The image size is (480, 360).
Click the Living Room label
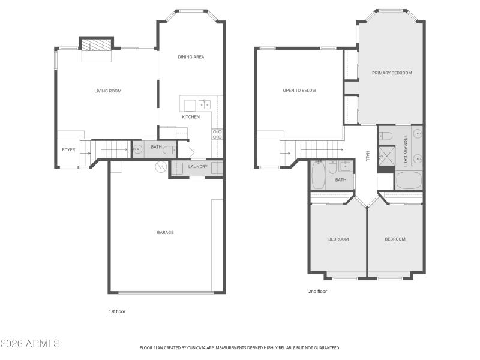pos(108,91)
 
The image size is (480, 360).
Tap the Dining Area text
pos(191,57)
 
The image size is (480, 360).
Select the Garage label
pos(165,232)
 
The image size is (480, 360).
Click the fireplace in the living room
pos(96,46)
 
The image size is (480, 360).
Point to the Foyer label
pos(68,149)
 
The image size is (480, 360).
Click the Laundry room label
pos(197,166)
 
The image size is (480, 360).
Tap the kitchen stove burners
pos(217,134)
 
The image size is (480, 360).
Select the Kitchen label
pos(191,117)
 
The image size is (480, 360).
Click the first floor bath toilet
pos(169,149)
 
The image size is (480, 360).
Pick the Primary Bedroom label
pos(392,73)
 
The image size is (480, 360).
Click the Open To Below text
pos(299,91)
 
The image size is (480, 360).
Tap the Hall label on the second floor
pos(367,156)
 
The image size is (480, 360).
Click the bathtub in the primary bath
pos(409,180)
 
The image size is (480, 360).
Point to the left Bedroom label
pos(338,239)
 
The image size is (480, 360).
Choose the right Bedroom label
pos(395,239)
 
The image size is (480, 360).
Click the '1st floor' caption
pos(117,311)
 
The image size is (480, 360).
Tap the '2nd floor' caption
pos(318,291)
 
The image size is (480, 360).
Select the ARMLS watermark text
pos(30,344)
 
